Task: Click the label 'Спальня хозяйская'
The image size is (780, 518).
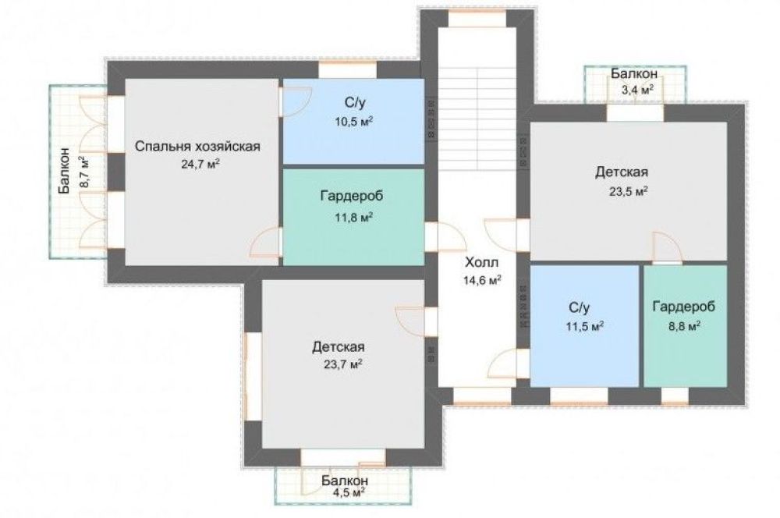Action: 197,146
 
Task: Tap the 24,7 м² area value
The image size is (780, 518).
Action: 198,163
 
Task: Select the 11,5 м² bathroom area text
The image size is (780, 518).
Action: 586,325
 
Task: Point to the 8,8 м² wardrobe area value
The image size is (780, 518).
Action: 683,325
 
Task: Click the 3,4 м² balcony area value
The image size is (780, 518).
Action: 636,90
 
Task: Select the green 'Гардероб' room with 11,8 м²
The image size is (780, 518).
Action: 353,234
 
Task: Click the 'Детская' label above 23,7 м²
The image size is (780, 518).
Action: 339,346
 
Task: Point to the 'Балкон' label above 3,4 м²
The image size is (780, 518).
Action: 635,73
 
